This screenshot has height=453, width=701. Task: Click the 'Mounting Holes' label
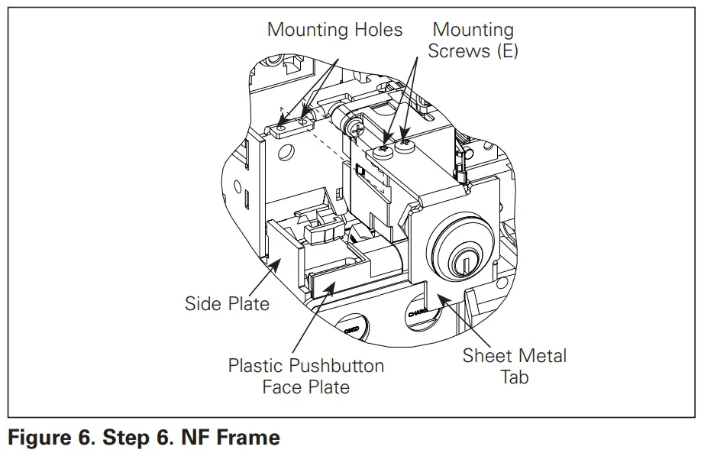tap(334, 31)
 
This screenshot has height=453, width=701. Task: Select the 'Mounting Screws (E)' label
tap(473, 40)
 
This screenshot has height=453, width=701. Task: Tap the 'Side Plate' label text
tap(227, 304)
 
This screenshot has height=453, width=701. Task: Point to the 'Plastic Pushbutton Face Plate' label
tap(306, 376)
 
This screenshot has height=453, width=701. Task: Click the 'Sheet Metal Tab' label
tap(514, 366)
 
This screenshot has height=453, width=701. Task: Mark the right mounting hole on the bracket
tap(303, 120)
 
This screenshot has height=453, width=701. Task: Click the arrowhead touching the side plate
tap(276, 263)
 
